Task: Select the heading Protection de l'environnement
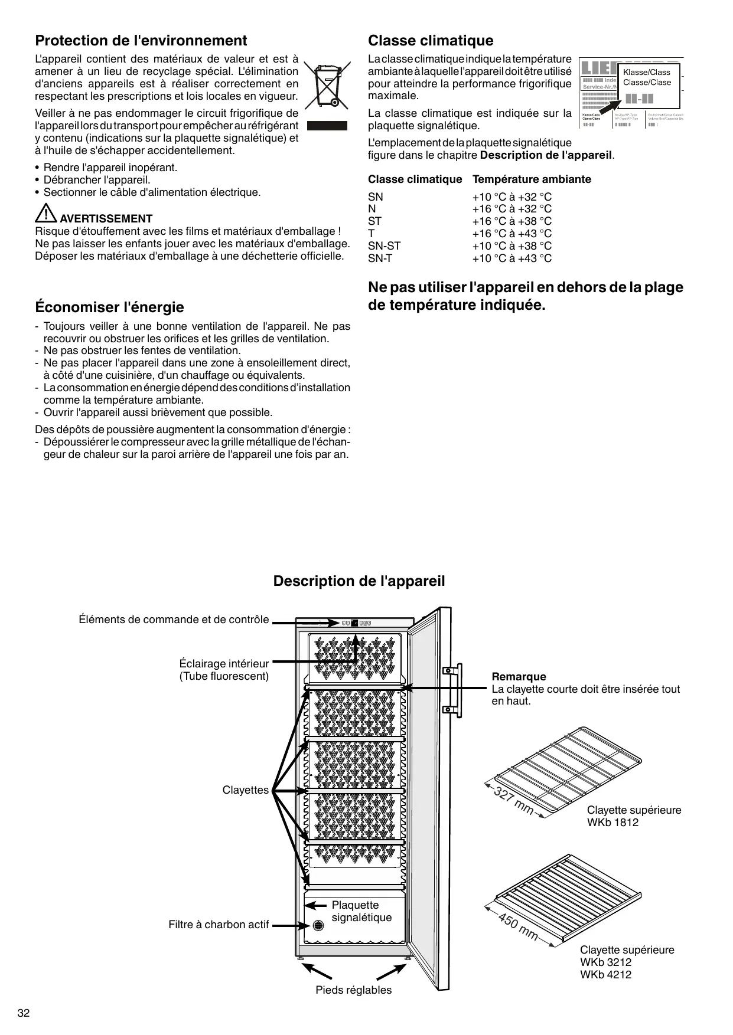coord(141,41)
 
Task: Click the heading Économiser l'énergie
coord(110,307)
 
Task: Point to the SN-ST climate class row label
coord(384,246)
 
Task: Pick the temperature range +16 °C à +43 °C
coord(512,234)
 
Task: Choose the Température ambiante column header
coord(532,179)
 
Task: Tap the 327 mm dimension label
coord(513,801)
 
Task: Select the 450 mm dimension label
coord(518,926)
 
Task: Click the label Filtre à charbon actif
coord(219,925)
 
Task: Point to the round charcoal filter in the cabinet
coord(318,925)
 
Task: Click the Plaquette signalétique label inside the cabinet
coord(361,911)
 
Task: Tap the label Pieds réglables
coord(353,990)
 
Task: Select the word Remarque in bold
coord(519,677)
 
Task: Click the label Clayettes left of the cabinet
coord(245,790)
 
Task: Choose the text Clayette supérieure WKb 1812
coord(634,816)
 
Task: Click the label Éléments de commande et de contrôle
coord(174,620)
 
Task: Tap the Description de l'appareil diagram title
coord(359,581)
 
